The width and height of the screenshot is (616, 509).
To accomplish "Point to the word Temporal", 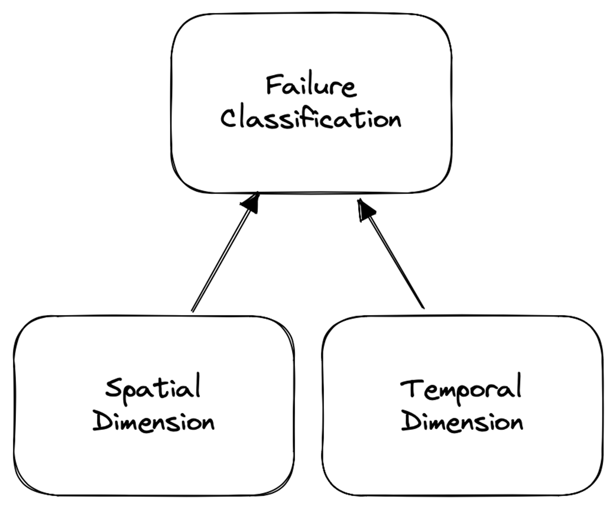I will pos(462,391).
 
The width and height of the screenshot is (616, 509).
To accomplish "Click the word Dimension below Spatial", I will pos(154,423).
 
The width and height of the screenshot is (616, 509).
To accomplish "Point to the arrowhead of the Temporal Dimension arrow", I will pos(365,208).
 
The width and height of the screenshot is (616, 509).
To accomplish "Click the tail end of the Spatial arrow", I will pos(193,310).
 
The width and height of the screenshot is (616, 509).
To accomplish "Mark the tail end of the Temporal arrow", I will pos(423,307).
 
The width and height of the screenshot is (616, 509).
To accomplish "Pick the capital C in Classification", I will pos(228,118).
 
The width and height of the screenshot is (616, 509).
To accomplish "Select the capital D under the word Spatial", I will pos(104,423).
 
